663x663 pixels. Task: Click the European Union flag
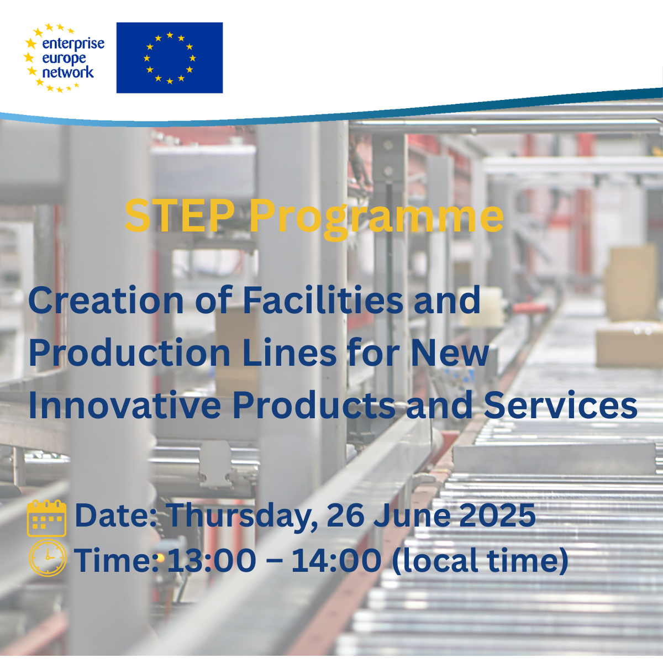[x=169, y=58]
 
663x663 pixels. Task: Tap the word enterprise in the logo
[x=73, y=44]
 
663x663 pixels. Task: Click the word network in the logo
[x=68, y=72]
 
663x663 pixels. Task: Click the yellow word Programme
[x=376, y=220]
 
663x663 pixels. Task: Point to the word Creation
[x=106, y=300]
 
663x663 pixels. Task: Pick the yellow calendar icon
[x=46, y=518]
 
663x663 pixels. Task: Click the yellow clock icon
[x=47, y=557]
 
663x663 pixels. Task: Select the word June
[x=412, y=515]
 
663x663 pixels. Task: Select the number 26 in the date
[x=345, y=515]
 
